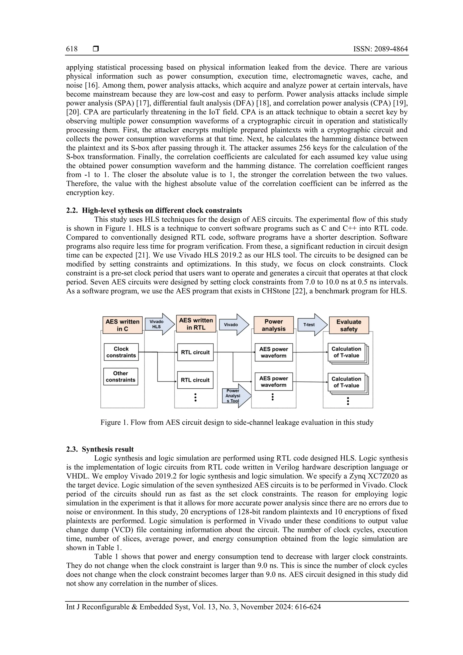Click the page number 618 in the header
(x=72, y=49)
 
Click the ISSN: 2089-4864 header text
(x=380, y=49)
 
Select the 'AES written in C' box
(x=122, y=325)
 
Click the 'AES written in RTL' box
(x=196, y=324)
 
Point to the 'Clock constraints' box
(x=121, y=352)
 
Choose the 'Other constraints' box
(x=120, y=377)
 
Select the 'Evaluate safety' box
(x=349, y=325)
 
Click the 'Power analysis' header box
(x=273, y=325)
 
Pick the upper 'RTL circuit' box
(x=195, y=352)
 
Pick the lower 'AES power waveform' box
(x=273, y=382)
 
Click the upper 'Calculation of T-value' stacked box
(x=346, y=352)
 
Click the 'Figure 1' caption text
(x=237, y=423)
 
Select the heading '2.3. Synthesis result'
(x=100, y=449)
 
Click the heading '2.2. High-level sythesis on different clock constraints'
(x=154, y=210)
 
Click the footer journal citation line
(x=194, y=607)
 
